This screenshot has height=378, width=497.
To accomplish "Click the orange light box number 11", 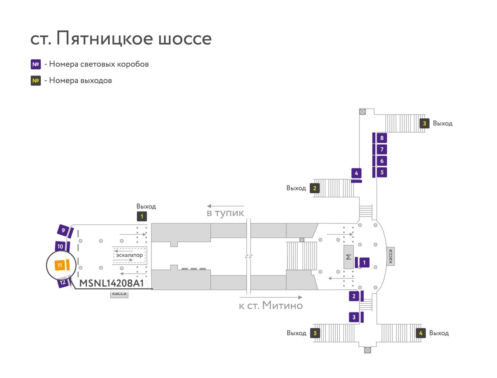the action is pos(60,265).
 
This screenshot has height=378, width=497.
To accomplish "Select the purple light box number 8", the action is pos(382,138).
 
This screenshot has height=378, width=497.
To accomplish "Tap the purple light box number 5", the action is pos(382,172).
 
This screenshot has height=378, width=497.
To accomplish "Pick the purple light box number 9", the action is pos(63,230).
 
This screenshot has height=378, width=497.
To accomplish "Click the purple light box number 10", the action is pos(60,247).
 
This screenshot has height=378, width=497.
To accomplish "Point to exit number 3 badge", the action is pos(424,123).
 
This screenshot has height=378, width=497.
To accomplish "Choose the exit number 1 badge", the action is pos(142,216).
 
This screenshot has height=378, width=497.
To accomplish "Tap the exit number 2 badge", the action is pos(314,188).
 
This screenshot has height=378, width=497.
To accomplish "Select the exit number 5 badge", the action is pos(315,333).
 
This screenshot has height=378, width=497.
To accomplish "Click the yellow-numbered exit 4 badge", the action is pos(421,333).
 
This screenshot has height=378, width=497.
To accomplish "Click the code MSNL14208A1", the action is pos(112,283).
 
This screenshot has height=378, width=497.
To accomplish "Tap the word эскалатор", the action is pos(129,255).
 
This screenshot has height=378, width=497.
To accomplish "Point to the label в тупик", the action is pos(225,213).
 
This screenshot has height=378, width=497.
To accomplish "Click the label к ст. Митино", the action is pos(271,305).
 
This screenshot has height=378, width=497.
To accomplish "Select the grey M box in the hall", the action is pos(349,257).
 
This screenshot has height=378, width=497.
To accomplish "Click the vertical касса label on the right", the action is pos(390,256).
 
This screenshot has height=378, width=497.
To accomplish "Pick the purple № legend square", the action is pos(36,64).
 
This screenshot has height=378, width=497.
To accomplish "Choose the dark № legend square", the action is pos(36,81).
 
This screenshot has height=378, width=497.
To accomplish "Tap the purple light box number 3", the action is pos(354,317).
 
